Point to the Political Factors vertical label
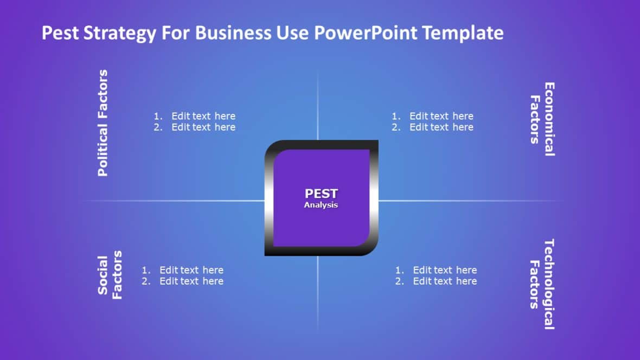[x=103, y=123]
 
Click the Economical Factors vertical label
[x=542, y=119]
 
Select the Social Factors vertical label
[x=110, y=275]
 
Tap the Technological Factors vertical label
[x=542, y=284]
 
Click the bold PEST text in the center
[x=321, y=194]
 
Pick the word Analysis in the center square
[x=321, y=205]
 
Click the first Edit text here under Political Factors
[x=203, y=116]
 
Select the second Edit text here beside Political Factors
[x=203, y=127]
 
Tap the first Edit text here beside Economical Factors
[x=441, y=116]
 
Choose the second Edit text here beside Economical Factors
[x=441, y=127]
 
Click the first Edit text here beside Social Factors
[x=191, y=270]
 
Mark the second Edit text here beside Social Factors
[x=191, y=281]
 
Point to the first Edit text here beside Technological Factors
[x=445, y=270]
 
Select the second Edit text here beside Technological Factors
[x=445, y=281]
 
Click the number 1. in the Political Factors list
[x=158, y=116]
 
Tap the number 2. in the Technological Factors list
[x=400, y=281]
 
